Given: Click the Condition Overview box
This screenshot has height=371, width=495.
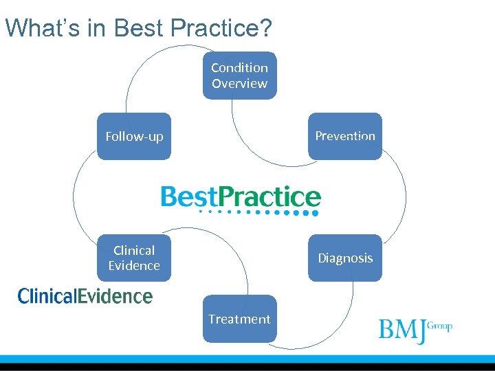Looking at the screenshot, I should click(239, 76).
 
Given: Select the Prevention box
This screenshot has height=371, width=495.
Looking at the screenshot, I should click(345, 136).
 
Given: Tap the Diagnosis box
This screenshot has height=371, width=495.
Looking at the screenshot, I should click(345, 258).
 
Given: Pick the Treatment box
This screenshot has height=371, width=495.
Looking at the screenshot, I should click(239, 319).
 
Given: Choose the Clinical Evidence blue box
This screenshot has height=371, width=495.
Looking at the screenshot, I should click(133, 258).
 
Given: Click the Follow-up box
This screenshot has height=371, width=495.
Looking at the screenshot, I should click(133, 136).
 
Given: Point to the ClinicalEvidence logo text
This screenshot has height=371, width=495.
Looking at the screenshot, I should click(85, 296).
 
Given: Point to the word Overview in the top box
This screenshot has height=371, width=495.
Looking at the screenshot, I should click(239, 84).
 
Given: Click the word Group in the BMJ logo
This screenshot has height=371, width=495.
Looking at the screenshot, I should click(440, 326).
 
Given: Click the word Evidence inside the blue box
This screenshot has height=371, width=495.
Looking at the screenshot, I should click(133, 266).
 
